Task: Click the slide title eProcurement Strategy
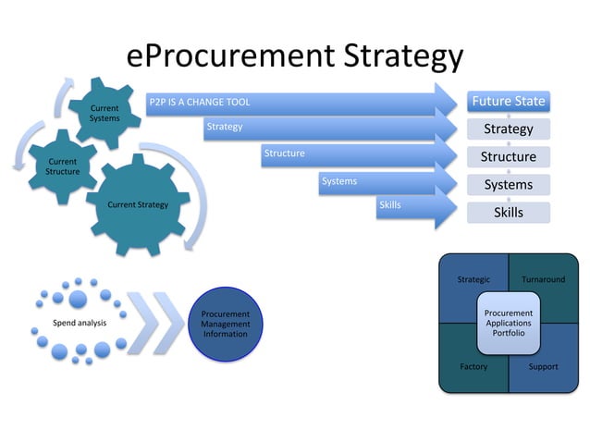coord(294,56)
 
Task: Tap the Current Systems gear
coord(104,113)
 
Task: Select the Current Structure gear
coord(63,167)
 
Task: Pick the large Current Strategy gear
coord(139,204)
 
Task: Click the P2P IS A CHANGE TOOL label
coord(200,102)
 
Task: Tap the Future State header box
coord(508,101)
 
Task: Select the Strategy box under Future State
coord(508,129)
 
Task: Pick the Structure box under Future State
coord(508,156)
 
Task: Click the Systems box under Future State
coord(508,184)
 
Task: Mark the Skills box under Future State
coord(508,212)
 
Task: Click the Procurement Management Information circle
coord(226,324)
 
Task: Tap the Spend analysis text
coord(80,323)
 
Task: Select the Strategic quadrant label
coord(473,279)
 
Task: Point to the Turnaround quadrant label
coord(543,279)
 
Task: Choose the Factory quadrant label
coord(473,366)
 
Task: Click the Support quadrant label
coord(543,366)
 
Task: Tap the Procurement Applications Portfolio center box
coord(509,323)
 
